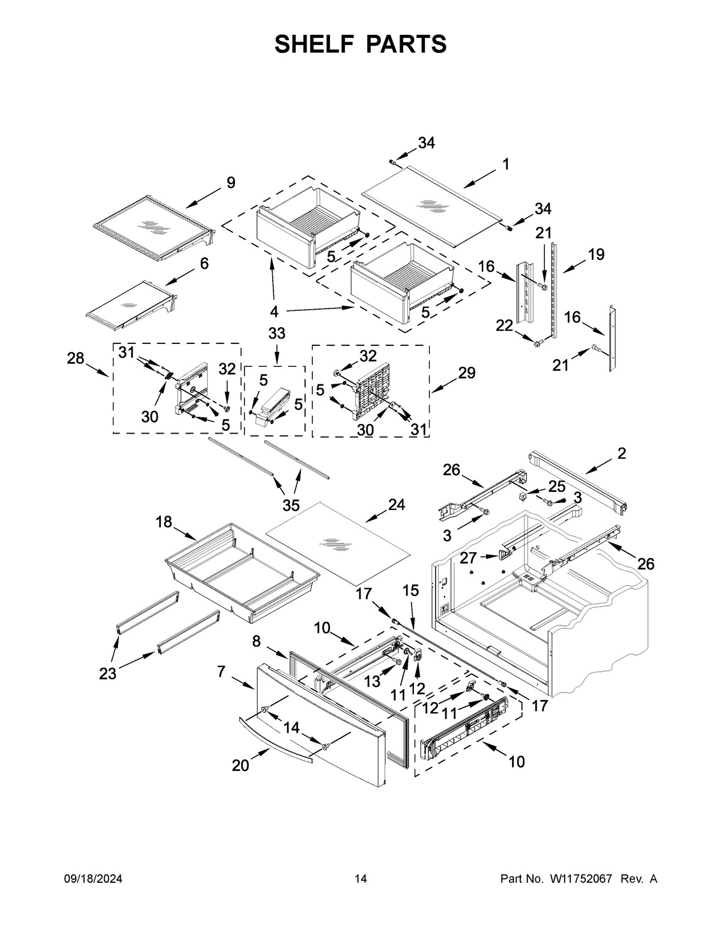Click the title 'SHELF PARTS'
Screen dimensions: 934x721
click(x=360, y=45)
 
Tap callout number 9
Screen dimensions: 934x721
click(x=231, y=183)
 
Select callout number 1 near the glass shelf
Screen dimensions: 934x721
click(x=506, y=164)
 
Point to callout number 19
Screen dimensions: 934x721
click(x=595, y=254)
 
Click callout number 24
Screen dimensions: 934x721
click(x=396, y=505)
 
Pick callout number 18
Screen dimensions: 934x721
click(x=164, y=522)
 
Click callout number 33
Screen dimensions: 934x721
click(x=276, y=333)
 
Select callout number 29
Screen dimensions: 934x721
click(x=466, y=373)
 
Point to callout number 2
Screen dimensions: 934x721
click(x=621, y=453)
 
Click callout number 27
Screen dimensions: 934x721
click(x=468, y=558)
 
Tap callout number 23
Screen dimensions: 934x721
click(x=108, y=674)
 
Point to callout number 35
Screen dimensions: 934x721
click(x=291, y=504)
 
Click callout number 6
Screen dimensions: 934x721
click(x=204, y=263)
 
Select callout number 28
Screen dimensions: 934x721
click(x=75, y=359)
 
